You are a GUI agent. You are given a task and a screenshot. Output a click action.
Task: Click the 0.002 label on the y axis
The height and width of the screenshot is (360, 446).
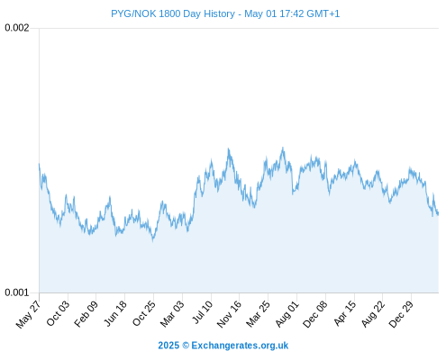[x=17, y=28]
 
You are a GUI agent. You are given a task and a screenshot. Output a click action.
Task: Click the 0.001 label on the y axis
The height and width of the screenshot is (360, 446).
[x=17, y=292]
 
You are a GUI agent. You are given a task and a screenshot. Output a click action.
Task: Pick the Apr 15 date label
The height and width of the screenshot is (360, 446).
[x=345, y=313]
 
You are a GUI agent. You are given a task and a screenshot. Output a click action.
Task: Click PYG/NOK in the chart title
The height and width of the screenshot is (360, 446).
[x=133, y=13]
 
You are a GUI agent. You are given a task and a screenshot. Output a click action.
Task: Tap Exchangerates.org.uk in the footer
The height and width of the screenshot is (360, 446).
[x=240, y=346]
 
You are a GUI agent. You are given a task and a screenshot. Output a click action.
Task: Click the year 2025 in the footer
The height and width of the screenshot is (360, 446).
[x=168, y=346]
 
